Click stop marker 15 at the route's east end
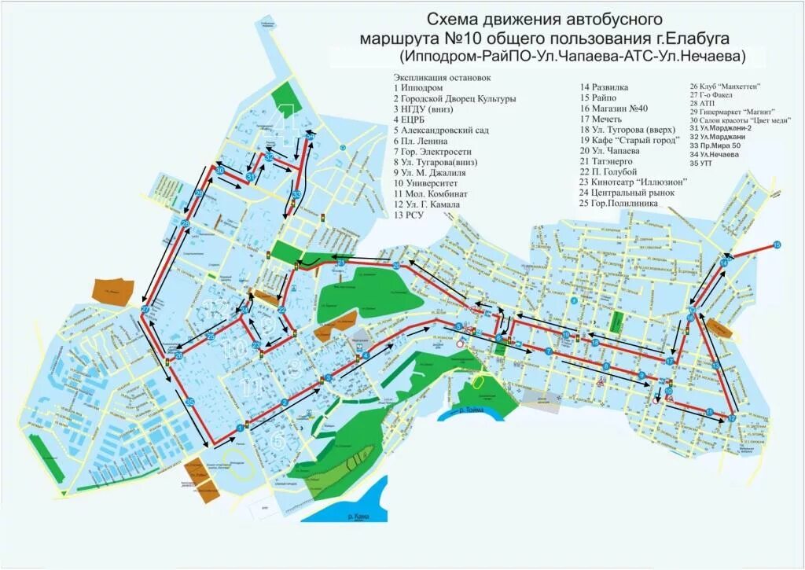(x=777, y=245)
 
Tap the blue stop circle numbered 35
(x=189, y=402)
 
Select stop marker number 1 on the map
(x=237, y=428)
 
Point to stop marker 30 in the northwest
(x=221, y=170)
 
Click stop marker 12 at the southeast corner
(x=732, y=417)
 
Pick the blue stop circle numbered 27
(x=145, y=311)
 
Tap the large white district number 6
(x=278, y=441)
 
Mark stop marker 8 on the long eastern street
(x=606, y=366)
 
